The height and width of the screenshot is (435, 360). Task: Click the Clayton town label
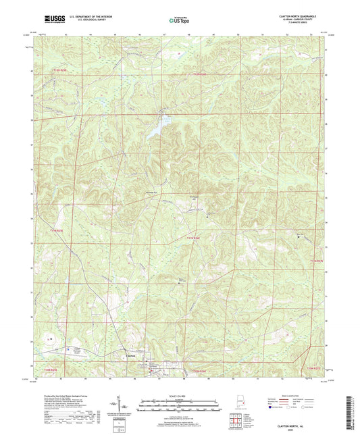tap(130, 357)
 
